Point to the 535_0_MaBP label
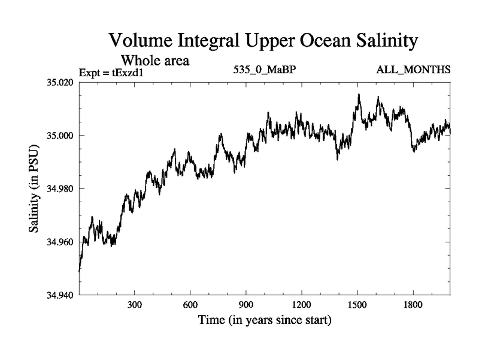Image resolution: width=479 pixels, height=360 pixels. pos(265,71)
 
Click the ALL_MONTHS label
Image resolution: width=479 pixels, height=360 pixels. pos(414,71)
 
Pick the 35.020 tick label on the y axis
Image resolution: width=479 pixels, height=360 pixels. pos(60,82)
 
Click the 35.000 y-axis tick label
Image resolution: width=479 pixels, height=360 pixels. pos(60,135)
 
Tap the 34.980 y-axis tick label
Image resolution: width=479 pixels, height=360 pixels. pos(60,188)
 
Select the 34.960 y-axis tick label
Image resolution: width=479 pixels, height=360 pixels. pos(60,242)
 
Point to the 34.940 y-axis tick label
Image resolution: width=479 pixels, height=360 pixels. pos(60,295)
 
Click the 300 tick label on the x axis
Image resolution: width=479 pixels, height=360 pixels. pos(135,304)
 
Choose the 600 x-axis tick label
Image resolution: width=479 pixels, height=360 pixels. pos(190,304)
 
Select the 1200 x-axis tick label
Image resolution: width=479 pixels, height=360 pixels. pos(302,304)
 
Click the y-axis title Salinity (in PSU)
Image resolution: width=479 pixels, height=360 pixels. pos(35,188)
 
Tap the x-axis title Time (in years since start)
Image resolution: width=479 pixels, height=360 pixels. pos(264,321)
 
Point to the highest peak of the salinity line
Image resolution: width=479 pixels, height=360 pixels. pos(359,94)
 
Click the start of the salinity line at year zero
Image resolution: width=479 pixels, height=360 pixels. pos(79,271)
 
